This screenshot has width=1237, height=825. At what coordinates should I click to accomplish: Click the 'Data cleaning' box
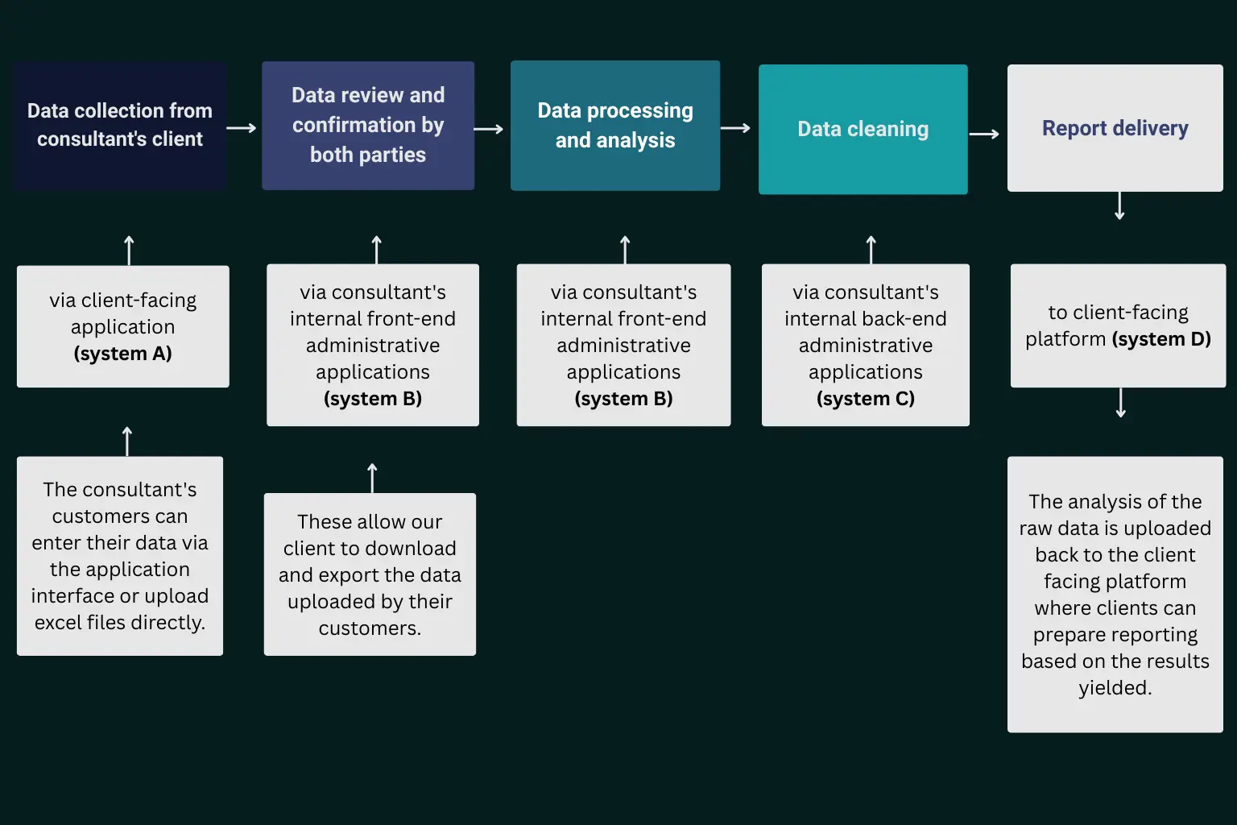(x=863, y=129)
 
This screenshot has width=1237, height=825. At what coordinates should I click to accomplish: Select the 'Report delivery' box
(x=1115, y=128)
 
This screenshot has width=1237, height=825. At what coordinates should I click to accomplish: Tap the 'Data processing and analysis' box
(x=615, y=126)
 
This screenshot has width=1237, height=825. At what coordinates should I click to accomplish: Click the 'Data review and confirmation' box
(x=368, y=126)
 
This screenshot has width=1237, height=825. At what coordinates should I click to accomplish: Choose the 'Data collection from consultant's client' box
(x=120, y=125)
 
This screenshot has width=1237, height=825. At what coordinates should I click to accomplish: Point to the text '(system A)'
(x=122, y=354)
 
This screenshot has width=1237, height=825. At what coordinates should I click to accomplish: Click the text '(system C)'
(x=866, y=399)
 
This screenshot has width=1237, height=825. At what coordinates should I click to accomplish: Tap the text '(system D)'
(x=1161, y=339)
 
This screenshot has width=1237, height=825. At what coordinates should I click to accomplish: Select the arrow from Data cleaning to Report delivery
(x=984, y=134)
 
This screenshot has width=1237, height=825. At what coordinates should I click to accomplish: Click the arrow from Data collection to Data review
(x=242, y=128)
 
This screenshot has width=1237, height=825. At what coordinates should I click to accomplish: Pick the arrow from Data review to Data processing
(x=489, y=129)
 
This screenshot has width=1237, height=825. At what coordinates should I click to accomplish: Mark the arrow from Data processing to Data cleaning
(x=735, y=128)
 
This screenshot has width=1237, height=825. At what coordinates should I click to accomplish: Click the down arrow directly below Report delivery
(x=1119, y=206)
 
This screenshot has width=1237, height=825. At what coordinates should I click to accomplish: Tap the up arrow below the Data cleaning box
(x=871, y=249)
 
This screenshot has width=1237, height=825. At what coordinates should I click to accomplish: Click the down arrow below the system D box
(x=1121, y=403)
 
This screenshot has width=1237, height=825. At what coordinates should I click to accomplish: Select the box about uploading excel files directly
(x=120, y=556)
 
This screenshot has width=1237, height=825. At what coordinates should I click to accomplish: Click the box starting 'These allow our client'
(x=370, y=574)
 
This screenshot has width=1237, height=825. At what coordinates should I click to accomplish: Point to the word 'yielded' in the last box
(x=1114, y=688)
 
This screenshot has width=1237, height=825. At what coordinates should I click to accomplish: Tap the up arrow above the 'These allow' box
(x=372, y=477)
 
